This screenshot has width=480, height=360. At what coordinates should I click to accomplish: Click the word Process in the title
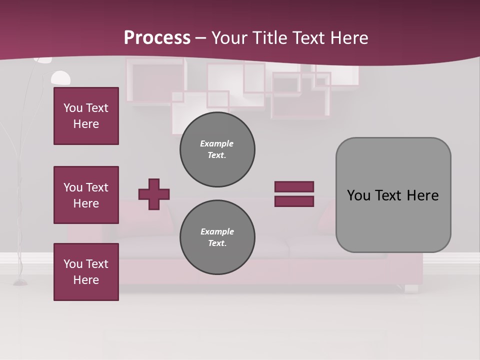157,38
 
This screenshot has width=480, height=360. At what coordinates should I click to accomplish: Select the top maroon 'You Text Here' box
86,116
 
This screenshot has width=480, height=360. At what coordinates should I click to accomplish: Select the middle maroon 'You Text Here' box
86,195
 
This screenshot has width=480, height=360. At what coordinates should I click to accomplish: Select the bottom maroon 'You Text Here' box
86,272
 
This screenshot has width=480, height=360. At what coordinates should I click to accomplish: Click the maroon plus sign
154,194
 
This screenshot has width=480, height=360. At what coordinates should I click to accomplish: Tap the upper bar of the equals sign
294,186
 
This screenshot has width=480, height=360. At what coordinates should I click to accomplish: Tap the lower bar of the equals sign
294,201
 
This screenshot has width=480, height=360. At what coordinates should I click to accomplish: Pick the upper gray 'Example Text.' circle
217,149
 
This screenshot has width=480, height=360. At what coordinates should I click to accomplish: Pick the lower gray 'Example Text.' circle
217,237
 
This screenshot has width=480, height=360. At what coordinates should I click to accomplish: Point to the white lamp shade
60,78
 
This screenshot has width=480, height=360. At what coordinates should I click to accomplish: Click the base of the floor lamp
20,283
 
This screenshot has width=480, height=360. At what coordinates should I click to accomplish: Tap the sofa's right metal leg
411,288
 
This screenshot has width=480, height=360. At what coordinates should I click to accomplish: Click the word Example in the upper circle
217,143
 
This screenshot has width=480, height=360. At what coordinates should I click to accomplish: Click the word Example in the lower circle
217,231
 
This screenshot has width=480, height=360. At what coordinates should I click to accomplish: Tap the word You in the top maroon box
73,108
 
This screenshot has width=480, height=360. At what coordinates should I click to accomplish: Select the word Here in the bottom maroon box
86,280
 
